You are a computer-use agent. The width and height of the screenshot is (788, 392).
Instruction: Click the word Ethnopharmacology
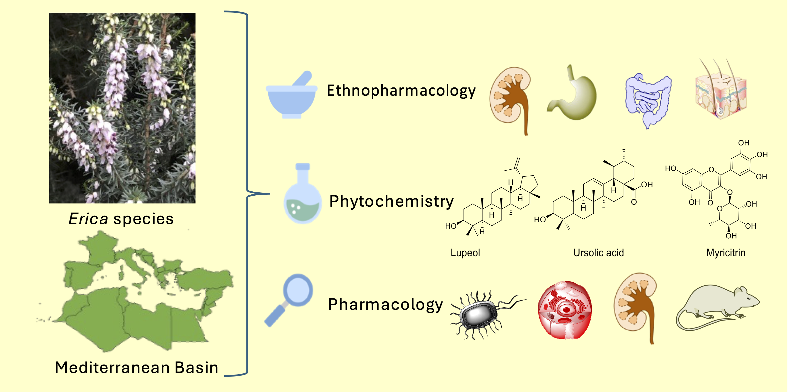(401, 91)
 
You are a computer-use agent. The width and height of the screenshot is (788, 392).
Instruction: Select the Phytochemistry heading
(391, 202)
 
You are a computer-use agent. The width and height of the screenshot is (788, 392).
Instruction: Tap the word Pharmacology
(385, 305)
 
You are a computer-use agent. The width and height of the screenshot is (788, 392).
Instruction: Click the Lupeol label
(465, 253)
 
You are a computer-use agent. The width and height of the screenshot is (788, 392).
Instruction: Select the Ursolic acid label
(598, 253)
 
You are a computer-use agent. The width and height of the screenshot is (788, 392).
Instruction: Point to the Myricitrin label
(725, 253)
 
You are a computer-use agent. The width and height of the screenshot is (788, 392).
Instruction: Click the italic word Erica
(88, 219)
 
